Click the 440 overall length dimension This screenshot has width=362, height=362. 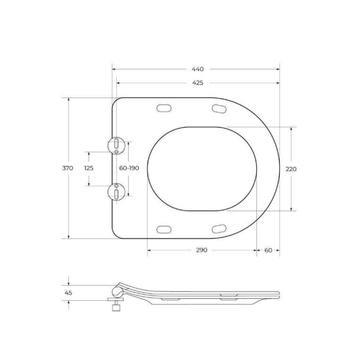pyautogui.click(x=197, y=69)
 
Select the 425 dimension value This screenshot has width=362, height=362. pyautogui.click(x=197, y=83)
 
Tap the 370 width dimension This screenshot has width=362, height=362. pyautogui.click(x=68, y=168)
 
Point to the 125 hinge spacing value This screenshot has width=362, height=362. pyautogui.click(x=88, y=168)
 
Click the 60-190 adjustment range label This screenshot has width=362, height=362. pyautogui.click(x=129, y=168)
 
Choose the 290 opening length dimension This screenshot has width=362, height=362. pyautogui.click(x=201, y=250)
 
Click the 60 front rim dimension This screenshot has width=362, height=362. pyautogui.click(x=268, y=250)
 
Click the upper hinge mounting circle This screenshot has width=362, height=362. pyautogui.click(x=116, y=145)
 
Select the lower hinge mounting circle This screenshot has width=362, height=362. pyautogui.click(x=116, y=192)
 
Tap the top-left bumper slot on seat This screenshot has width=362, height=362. pyautogui.click(x=164, y=108)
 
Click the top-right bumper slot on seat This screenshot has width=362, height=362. pyautogui.click(x=220, y=109)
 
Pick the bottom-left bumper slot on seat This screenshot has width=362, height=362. pyautogui.click(x=164, y=229)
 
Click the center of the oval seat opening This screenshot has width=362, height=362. pyautogui.click(x=201, y=168)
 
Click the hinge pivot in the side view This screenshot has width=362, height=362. pyautogui.click(x=117, y=292)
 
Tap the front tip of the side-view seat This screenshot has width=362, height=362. pyautogui.click(x=278, y=293)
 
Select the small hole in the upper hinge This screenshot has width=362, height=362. pyautogui.click(x=116, y=152)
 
